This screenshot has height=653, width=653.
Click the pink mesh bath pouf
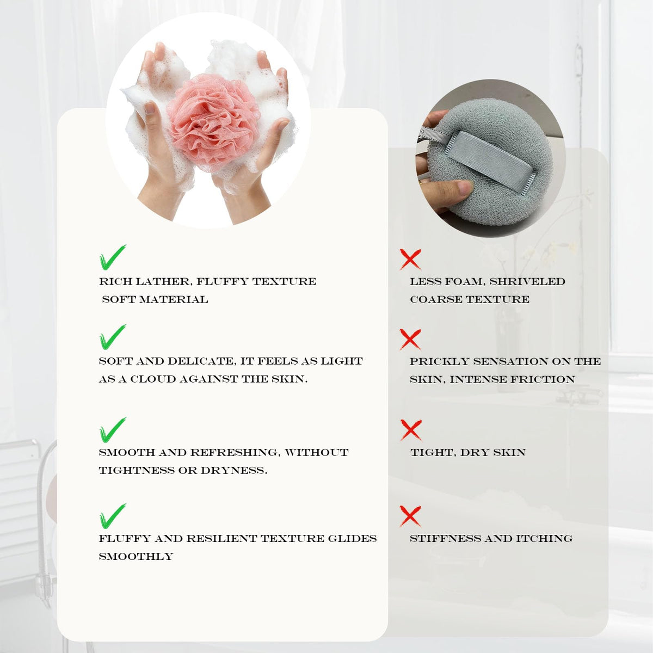212,124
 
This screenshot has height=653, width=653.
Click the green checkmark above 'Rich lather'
113,257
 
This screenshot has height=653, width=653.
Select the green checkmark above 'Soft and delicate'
113,337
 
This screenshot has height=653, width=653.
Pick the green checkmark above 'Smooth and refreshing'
113,430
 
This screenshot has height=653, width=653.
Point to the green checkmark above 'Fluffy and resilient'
113,516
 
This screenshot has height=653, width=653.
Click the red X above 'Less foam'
410,259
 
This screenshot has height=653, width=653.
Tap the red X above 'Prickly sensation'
410,339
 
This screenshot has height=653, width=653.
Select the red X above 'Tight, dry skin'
411,430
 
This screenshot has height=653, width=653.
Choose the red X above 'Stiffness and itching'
410,516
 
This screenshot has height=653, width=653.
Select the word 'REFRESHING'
235,453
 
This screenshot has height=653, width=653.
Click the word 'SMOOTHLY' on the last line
136,557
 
